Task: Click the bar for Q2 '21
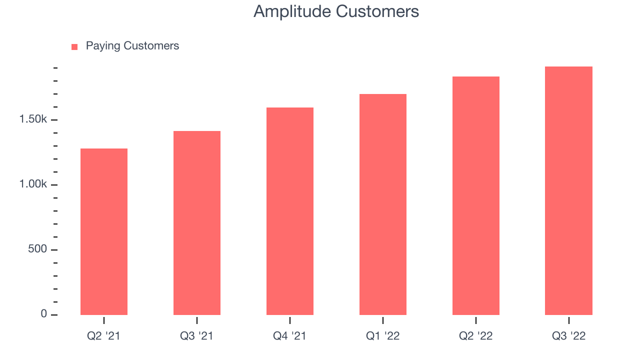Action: point(104,231)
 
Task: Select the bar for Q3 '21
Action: point(197,223)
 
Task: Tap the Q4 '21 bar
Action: point(290,211)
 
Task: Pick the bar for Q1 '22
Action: point(383,204)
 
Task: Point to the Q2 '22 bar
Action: point(476,195)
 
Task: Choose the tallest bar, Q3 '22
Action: point(568,191)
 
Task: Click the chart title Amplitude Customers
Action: point(336,11)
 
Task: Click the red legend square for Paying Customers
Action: point(74,47)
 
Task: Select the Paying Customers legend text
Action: point(132,46)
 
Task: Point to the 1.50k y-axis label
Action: point(33,119)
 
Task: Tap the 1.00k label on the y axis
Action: point(33,184)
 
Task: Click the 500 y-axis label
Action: point(37,249)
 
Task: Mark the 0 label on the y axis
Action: point(43,313)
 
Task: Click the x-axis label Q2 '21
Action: point(103,336)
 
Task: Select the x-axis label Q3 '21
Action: point(196,336)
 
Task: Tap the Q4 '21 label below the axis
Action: point(289,336)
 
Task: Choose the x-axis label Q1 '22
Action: point(383,336)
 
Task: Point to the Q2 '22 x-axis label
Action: point(476,336)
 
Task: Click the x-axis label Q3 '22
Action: point(569,336)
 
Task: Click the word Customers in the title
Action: point(377,11)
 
